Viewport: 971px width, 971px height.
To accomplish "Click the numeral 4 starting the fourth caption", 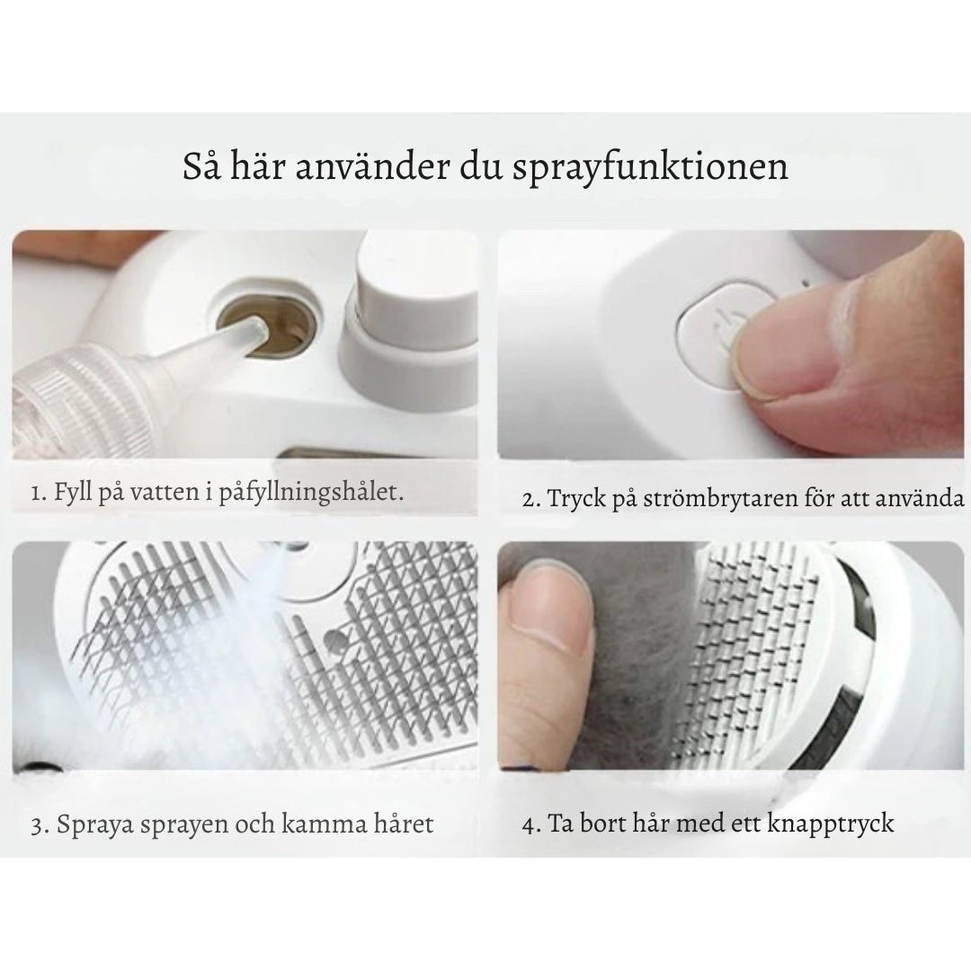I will pyautogui.click(x=527, y=824).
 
